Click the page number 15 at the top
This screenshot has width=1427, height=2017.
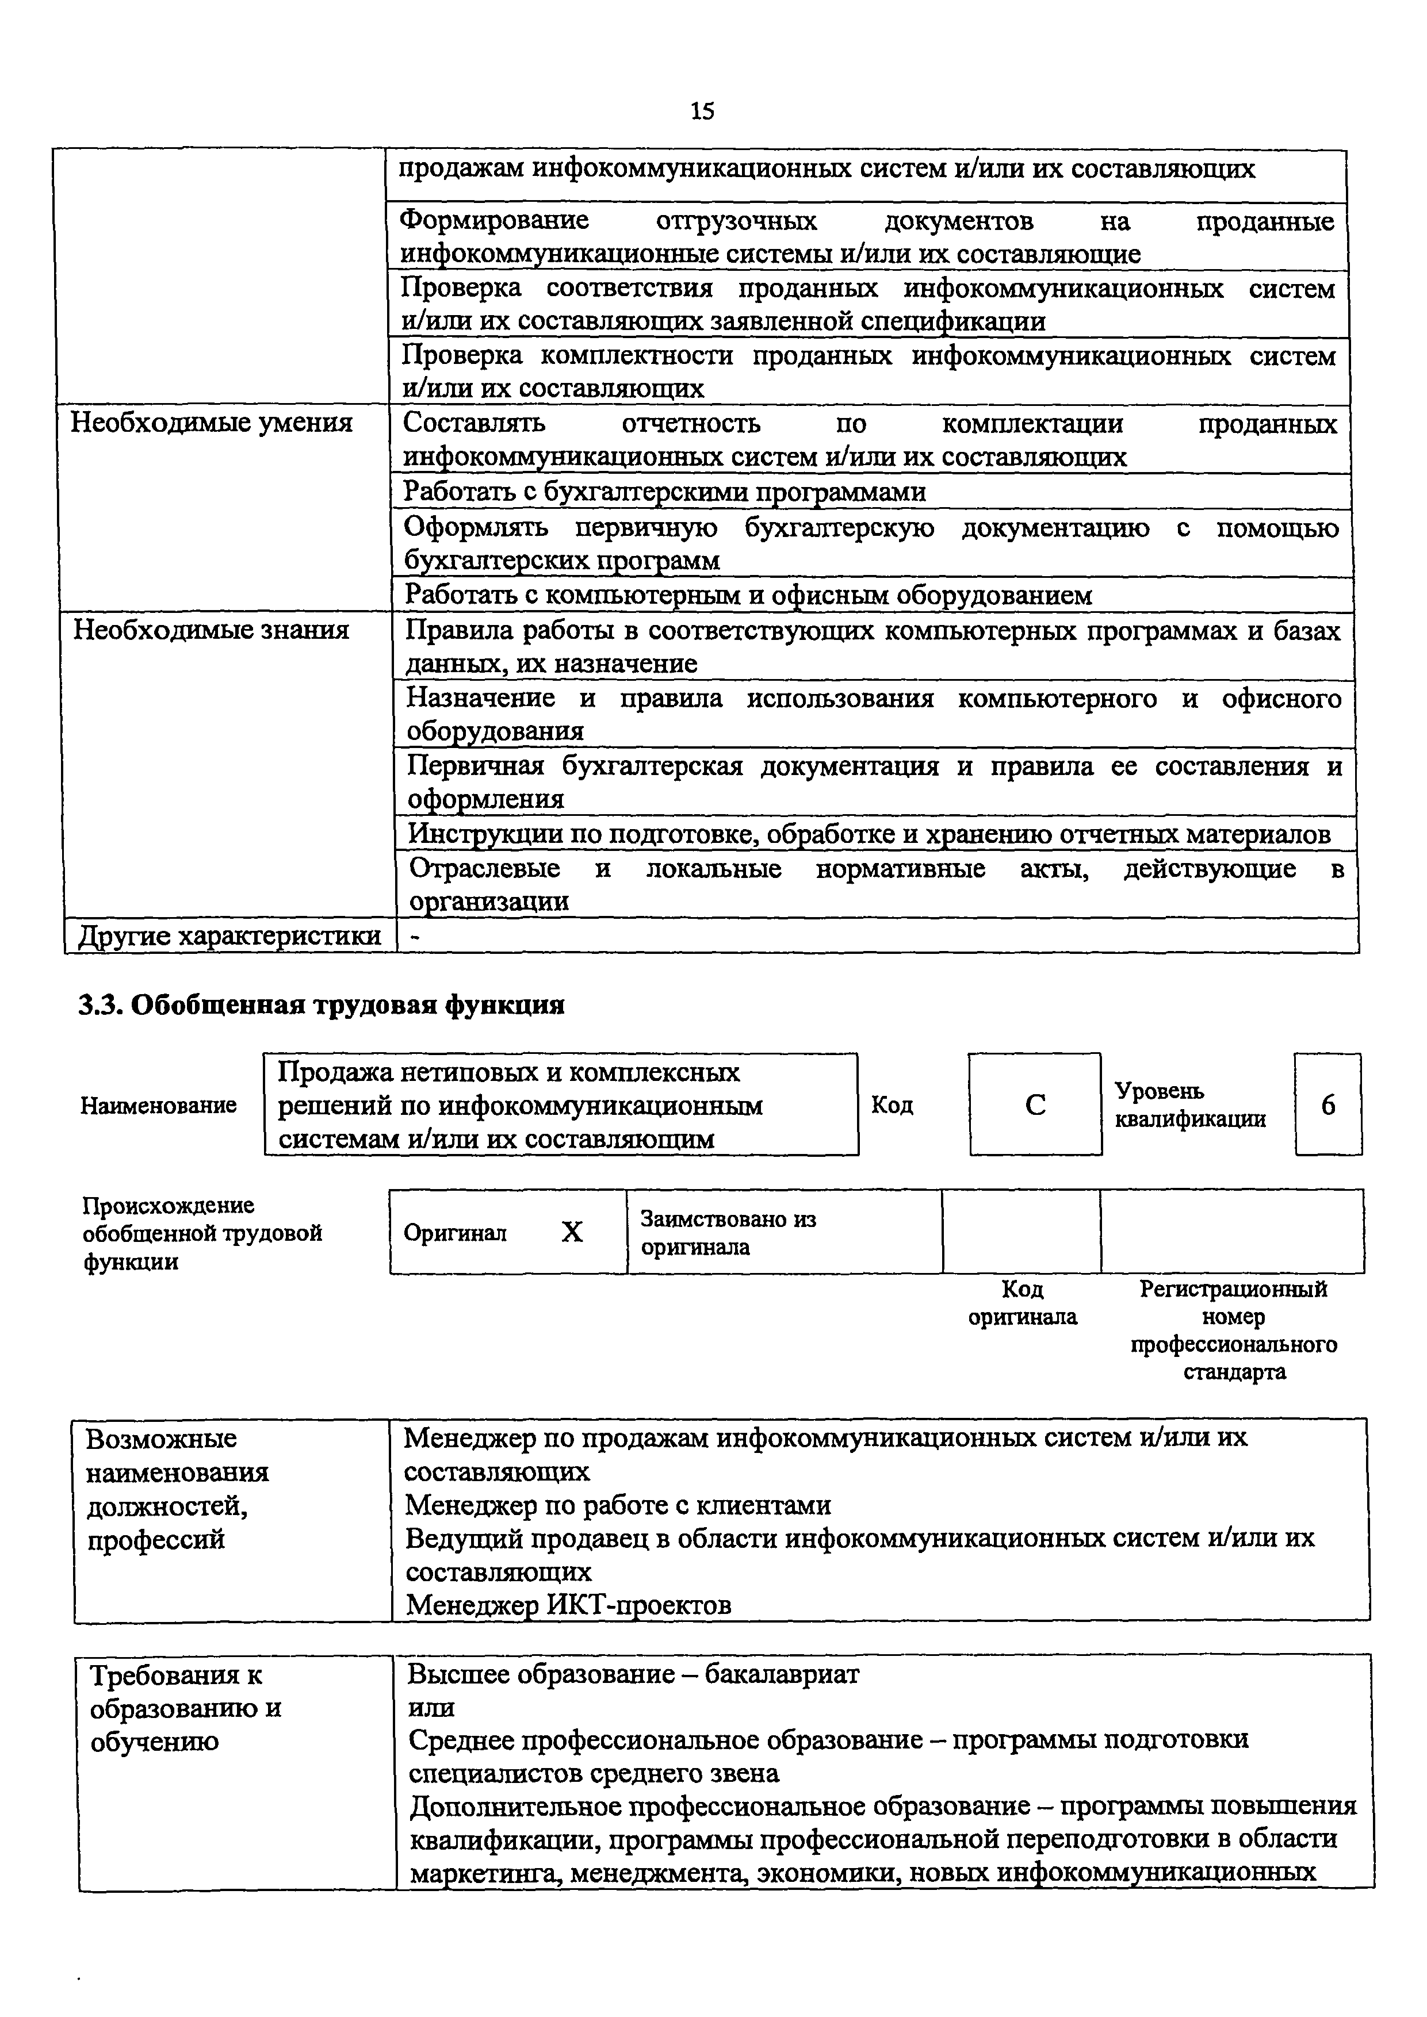pos(702,111)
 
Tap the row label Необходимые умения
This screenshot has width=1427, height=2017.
pos(212,423)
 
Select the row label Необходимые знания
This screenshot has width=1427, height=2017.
pos(211,630)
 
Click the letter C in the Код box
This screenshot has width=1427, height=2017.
pos(1035,1105)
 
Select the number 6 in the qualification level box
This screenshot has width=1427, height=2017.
pos(1327,1105)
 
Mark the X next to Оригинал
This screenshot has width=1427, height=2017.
pos(572,1233)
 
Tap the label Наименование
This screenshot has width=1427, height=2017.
pos(159,1105)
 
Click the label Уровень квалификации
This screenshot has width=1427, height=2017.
pos(1190,1105)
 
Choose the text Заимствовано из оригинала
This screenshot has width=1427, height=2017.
pos(728,1233)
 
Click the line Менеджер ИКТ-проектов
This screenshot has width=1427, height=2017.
pos(568,1605)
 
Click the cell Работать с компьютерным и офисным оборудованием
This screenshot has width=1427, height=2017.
pos(748,596)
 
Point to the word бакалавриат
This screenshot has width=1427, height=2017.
pos(782,1674)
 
